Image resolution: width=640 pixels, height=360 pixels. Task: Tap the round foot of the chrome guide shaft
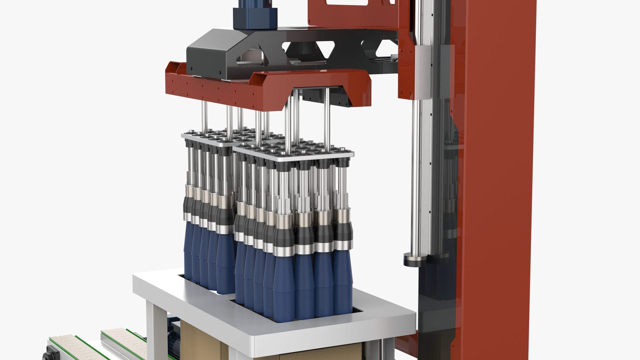click(x=415, y=259)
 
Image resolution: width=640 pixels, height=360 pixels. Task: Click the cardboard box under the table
click(x=200, y=340)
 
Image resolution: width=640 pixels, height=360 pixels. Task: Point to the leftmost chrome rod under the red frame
click(x=204, y=117)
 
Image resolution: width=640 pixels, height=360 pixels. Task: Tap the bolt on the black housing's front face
click(x=220, y=73)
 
